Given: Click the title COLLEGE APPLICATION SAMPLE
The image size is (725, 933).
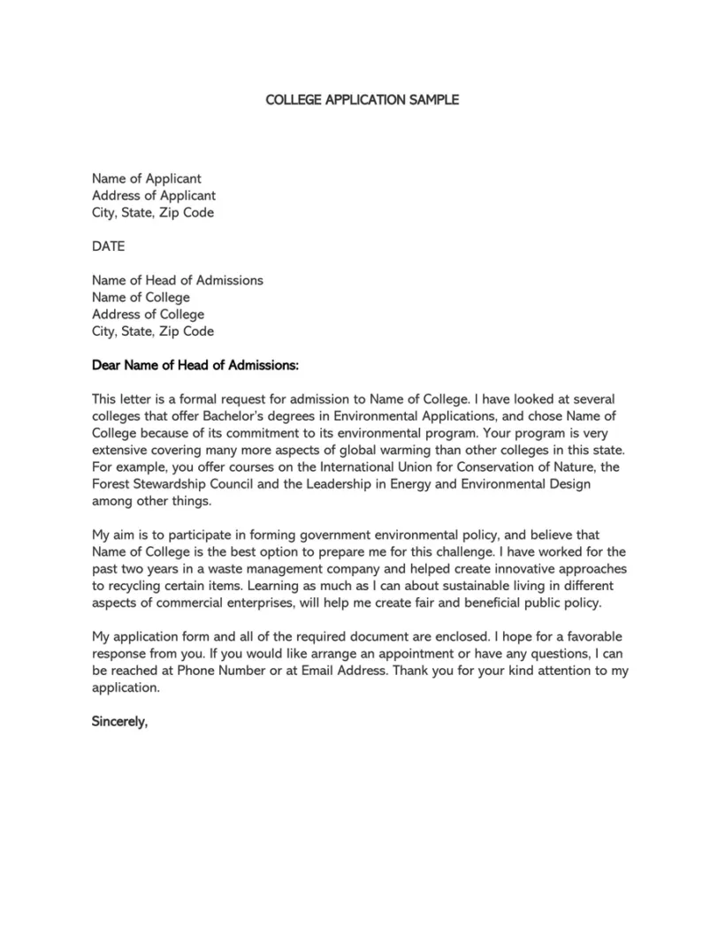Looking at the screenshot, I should point(362,100).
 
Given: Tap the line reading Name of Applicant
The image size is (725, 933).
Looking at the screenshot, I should point(147,178).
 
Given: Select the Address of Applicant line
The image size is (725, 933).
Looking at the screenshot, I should point(154,195).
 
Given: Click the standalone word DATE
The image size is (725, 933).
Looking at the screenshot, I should point(109,247).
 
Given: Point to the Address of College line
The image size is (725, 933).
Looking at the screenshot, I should point(148,315).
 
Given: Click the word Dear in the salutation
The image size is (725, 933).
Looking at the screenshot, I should point(106,365).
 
